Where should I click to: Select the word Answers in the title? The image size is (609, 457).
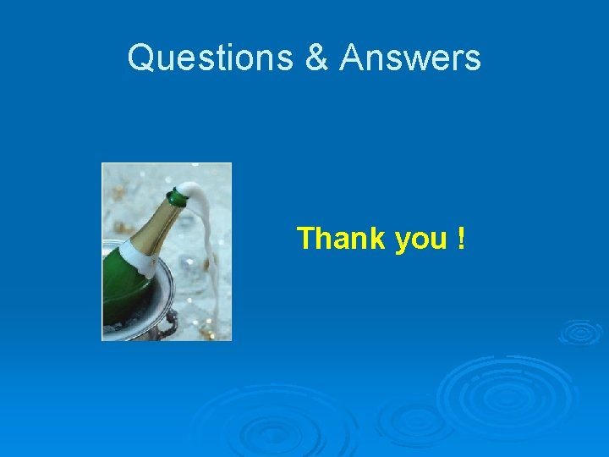point(410,58)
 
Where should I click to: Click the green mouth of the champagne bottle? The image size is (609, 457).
point(177,199)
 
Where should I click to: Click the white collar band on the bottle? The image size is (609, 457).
point(135,254)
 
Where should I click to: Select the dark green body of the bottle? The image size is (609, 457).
point(123,288)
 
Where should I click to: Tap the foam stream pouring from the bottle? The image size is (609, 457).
point(202,254)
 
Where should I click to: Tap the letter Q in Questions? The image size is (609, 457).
point(140,58)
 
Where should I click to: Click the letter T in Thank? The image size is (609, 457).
point(304,239)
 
